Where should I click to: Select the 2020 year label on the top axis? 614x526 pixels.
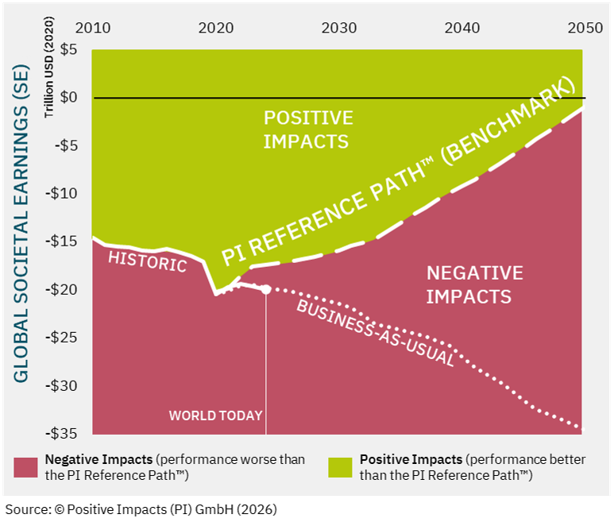215,28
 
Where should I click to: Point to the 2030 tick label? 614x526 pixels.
338,28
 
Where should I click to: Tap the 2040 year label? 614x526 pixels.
462,28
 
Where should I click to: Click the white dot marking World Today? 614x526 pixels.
265,289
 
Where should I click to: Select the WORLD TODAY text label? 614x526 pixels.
215,415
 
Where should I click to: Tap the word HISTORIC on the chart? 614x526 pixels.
147,260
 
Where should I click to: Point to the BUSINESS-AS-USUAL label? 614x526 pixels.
375,333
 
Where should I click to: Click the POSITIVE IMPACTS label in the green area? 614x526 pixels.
307,130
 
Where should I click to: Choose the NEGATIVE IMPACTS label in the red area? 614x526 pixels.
474,285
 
